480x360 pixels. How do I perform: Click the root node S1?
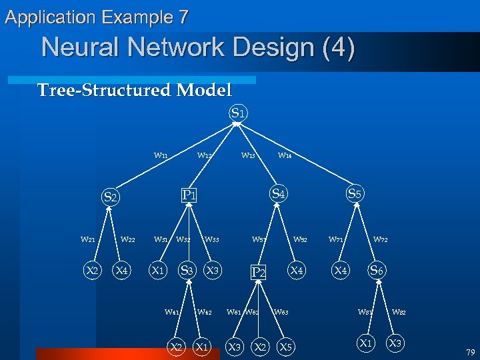tap(239, 113)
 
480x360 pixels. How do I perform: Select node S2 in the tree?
tap(110, 197)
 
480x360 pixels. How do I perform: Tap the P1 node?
tap(189, 195)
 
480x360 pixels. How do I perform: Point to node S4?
tap(279, 194)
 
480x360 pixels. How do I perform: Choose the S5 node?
tap(355, 194)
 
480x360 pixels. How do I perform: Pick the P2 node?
tap(258, 272)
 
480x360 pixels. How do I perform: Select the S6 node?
tap(377, 270)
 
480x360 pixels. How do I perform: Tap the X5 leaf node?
tap(285, 347)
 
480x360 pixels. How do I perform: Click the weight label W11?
tap(161, 155)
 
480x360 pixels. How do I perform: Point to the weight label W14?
tap(285, 155)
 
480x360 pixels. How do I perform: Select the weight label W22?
tap(128, 239)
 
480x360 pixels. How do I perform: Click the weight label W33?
tap(212, 239)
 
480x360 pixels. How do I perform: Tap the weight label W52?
tap(301, 239)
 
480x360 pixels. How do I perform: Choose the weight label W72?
tap(381, 239)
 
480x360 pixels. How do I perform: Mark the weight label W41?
tap(172, 311)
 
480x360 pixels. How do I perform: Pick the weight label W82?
tap(399, 311)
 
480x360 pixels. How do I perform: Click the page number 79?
tap(470, 352)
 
